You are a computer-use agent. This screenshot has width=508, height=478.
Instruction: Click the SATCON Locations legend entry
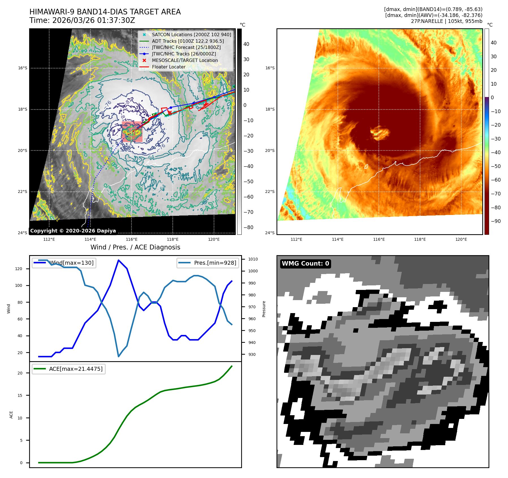coord(191,35)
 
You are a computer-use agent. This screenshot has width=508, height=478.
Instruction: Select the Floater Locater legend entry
coord(168,67)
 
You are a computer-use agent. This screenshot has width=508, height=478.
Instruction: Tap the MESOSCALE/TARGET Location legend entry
coord(185,61)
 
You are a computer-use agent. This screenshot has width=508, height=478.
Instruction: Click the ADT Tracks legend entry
coord(188,41)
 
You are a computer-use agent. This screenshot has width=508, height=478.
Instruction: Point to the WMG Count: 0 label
coord(305,264)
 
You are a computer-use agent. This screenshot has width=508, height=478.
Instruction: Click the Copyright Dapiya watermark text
coord(73,231)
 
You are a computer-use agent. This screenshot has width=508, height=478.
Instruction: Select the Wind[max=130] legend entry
coord(72,263)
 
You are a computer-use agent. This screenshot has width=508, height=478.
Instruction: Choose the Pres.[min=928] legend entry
coord(215,263)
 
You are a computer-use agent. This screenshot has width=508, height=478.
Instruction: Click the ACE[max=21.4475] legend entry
coord(75,369)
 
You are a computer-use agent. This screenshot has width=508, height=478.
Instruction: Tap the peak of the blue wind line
coord(118,260)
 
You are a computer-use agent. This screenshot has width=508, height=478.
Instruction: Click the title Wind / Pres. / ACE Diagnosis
coord(135,247)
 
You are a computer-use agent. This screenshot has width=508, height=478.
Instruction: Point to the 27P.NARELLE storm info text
coord(446,21)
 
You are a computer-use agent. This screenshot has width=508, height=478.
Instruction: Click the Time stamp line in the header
coord(82,21)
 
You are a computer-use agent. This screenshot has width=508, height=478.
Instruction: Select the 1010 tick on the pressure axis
coord(253,259)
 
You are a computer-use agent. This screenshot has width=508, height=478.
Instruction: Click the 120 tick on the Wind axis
coord(19,269)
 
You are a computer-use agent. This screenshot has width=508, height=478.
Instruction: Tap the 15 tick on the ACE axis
coord(20,395)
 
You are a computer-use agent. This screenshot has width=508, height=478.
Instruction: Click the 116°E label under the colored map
coord(379,239)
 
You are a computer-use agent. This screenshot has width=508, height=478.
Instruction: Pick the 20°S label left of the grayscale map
coord(23,150)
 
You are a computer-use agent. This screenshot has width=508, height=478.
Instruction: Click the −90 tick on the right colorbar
coord(496,221)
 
